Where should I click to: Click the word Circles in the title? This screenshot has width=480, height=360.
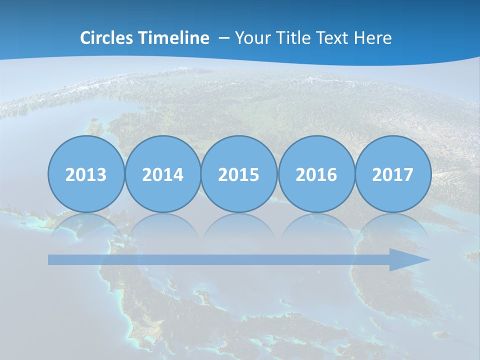[107, 38]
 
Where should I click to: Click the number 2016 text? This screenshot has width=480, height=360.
[316, 175]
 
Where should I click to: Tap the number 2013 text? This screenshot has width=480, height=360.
[86, 175]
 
